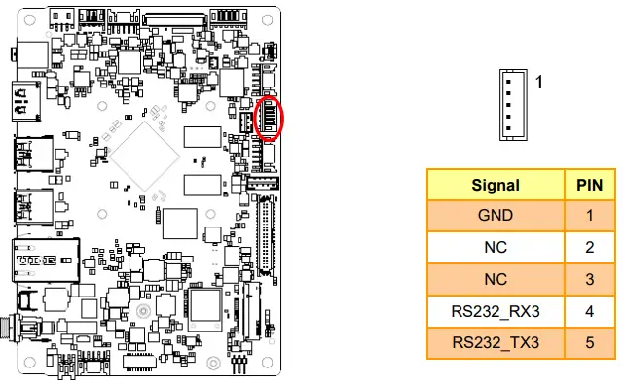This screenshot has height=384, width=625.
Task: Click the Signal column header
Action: (x=496, y=185)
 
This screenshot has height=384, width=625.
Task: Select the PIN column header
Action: (x=590, y=185)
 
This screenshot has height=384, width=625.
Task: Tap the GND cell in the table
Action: (x=496, y=216)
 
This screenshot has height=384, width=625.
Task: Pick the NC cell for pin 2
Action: (x=496, y=248)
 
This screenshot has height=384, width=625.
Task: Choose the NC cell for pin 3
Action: (x=496, y=279)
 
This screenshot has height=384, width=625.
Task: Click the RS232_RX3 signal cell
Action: (x=496, y=311)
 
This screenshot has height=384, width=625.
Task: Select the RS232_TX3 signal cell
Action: (x=496, y=343)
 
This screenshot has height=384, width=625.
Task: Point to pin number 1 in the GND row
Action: (x=590, y=216)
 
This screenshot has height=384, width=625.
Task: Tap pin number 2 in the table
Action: (x=590, y=248)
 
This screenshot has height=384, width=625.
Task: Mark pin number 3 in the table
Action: (x=590, y=279)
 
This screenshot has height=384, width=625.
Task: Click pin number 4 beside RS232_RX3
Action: (x=590, y=311)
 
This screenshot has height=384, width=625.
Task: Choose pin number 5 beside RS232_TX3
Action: (x=590, y=343)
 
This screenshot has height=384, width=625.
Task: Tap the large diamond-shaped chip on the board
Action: (x=144, y=154)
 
